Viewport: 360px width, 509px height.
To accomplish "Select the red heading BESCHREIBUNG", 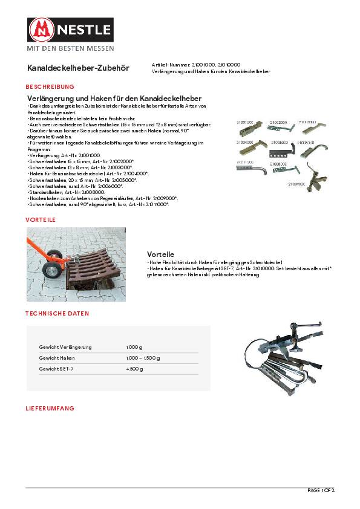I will [50, 87].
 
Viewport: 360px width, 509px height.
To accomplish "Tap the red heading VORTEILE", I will [41, 219].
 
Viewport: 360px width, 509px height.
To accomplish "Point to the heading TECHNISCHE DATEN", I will [57, 314].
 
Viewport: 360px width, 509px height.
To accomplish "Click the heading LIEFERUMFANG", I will [50, 408].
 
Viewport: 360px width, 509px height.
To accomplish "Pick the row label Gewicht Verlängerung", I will [65, 347].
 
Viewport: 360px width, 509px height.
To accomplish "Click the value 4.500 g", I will [134, 369].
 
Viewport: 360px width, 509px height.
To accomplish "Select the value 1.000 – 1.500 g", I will [143, 358].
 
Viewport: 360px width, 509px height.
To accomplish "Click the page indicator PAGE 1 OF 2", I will [321, 490].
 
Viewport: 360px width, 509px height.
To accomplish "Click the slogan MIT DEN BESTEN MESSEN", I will [69, 48].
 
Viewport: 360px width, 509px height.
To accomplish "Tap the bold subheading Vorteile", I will [160, 254].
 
